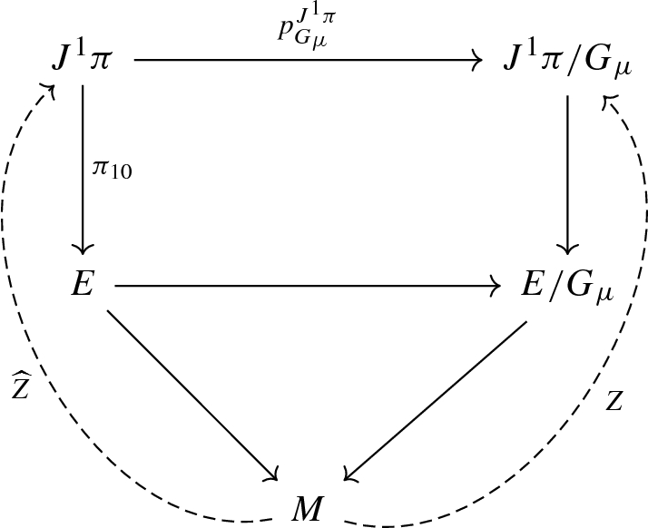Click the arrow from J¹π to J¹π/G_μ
309,62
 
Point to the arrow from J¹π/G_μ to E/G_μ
568,172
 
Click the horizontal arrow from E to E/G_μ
309,287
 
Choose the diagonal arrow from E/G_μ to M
436,399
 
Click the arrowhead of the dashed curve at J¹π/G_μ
610,99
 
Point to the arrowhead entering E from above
83,250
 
